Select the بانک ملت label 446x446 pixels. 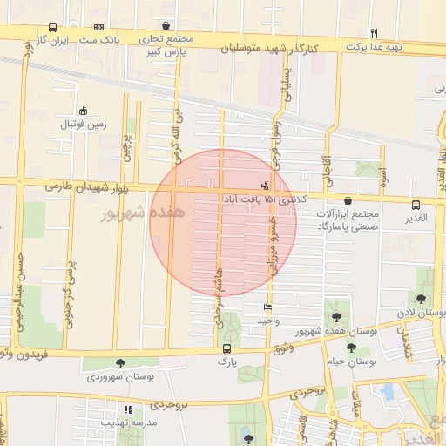pyautogui.click(x=100, y=41)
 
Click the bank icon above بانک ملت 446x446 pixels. pyautogui.click(x=97, y=27)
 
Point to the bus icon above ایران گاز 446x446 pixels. pyautogui.click(x=53, y=27)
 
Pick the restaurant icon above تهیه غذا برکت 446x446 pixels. pyautogui.click(x=374, y=32)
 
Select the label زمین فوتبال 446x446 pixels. pyautogui.click(x=83, y=125)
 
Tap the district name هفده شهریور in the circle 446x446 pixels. pyautogui.click(x=141, y=213)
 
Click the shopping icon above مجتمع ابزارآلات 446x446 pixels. pyautogui.click(x=348, y=199)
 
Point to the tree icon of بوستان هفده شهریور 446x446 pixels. pyautogui.click(x=336, y=318)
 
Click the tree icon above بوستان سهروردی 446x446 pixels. pyautogui.click(x=119, y=363)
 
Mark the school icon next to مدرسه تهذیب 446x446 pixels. pyautogui.click(x=129, y=409)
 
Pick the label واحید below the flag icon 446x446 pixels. pyautogui.click(x=267, y=321)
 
